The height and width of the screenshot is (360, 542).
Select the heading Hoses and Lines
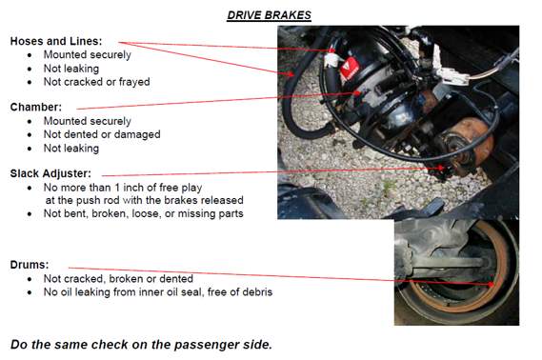56,41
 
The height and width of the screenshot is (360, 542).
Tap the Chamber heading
36,108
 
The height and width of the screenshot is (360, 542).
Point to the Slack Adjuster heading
50,173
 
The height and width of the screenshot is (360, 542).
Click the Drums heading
30,264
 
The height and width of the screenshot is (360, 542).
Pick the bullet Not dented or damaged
102,134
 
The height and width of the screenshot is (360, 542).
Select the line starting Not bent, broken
143,213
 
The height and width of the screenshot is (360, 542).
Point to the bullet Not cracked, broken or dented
118,278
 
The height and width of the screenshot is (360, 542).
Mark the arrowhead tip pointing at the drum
492,284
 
